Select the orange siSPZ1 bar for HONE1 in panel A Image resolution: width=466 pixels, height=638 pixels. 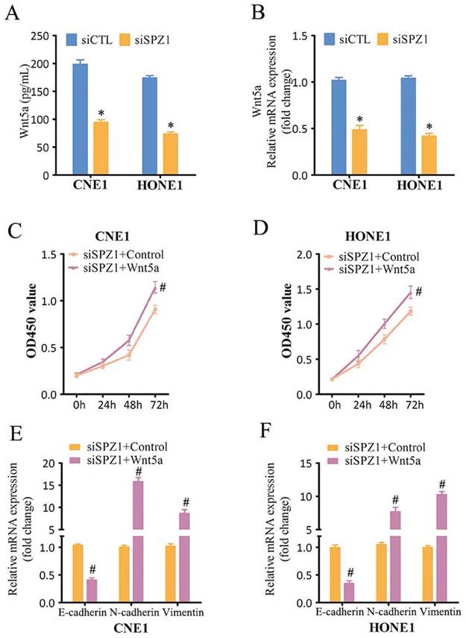coord(171,154)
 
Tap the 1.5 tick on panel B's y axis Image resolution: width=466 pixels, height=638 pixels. coord(302,36)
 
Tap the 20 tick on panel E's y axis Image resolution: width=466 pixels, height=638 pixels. coord(53,463)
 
